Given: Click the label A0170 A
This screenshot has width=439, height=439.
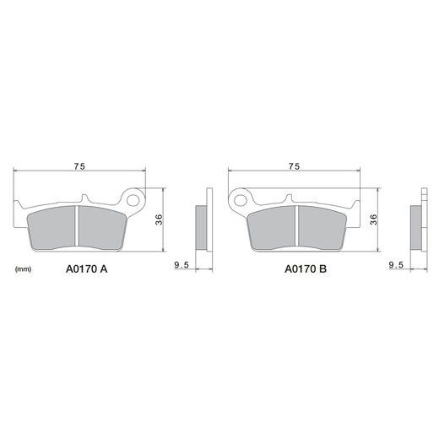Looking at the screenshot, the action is pos(87,269).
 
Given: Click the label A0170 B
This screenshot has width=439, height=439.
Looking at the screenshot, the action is pos(306,269).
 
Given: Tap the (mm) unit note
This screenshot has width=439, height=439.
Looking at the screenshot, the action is pos(23,269).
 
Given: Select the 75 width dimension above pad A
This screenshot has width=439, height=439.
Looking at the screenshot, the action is pos(79,166).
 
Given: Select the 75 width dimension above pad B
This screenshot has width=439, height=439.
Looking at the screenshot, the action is pos(294,166).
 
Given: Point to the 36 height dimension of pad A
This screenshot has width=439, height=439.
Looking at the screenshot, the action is pos(160,219).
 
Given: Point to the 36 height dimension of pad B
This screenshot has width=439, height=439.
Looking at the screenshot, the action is pos(374,219).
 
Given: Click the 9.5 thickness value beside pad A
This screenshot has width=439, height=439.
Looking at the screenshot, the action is pos(182,265).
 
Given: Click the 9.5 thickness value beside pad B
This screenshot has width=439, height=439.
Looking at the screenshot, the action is pos(396,265).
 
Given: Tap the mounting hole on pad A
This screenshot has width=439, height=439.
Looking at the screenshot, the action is pos(133,201).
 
